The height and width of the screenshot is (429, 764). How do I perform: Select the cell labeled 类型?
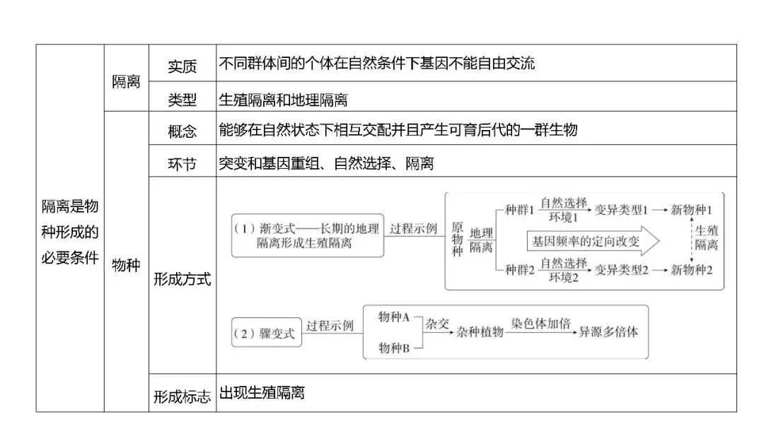[x=182, y=100]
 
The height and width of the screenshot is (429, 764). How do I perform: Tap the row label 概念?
[x=182, y=131]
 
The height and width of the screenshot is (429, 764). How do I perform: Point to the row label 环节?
[x=182, y=164]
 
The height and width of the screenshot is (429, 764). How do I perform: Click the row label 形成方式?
[x=182, y=279]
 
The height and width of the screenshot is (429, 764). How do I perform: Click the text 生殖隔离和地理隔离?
[x=283, y=100]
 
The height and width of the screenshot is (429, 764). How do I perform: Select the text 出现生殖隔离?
[x=262, y=393]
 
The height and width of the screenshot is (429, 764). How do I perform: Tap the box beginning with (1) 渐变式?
[x=307, y=235]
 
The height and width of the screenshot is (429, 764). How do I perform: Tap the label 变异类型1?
[x=621, y=211]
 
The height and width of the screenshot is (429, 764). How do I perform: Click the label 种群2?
[x=519, y=270]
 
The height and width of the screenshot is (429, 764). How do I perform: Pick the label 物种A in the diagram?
[x=395, y=317]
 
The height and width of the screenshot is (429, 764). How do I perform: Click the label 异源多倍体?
[x=608, y=331]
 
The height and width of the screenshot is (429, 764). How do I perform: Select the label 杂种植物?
[x=480, y=331]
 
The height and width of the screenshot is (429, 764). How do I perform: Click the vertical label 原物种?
[x=457, y=240]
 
